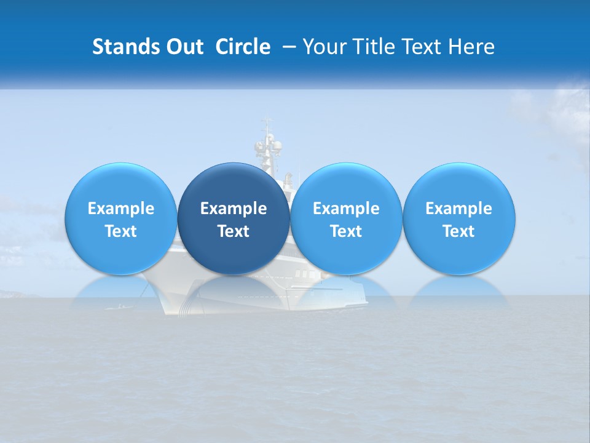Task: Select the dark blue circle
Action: (234, 185)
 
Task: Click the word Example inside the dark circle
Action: (234, 209)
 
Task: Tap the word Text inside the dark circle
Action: (234, 231)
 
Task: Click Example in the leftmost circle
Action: (121, 209)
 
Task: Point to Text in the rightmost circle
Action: (458, 231)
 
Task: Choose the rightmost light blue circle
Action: (458, 185)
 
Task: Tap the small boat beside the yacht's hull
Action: (119, 306)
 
